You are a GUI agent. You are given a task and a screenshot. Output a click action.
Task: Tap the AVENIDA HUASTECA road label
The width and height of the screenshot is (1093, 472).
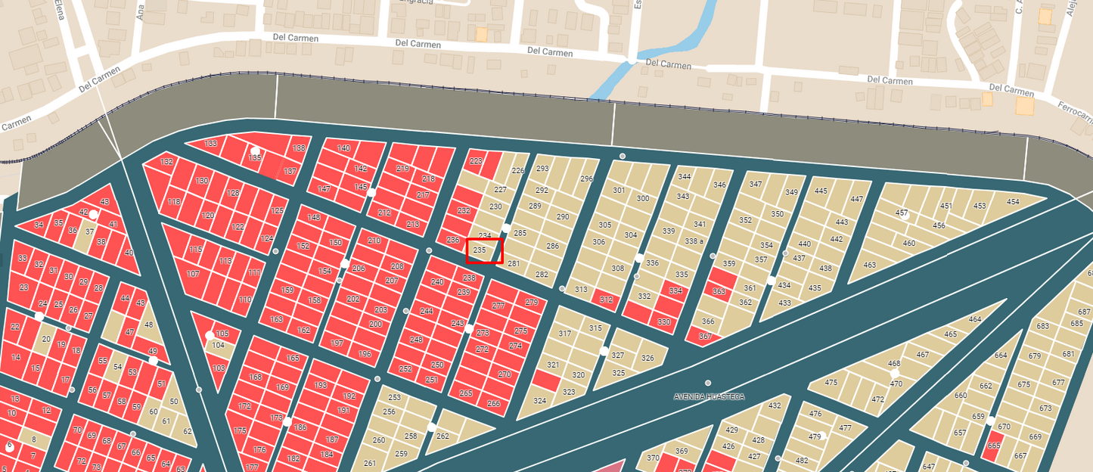coord(709,396)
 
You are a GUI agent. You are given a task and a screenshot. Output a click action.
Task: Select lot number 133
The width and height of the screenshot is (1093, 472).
coord(211,144)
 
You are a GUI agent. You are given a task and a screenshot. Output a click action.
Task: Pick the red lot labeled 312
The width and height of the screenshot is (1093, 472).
coord(606,300)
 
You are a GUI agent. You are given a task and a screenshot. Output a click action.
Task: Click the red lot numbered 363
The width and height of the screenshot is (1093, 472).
coord(719,291)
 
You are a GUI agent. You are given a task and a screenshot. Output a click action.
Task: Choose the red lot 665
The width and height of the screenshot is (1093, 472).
coord(994,446)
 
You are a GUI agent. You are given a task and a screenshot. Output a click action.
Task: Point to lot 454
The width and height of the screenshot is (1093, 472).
coord(1013,203)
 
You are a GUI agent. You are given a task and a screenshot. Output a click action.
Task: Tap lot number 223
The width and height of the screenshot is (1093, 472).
coord(476,161)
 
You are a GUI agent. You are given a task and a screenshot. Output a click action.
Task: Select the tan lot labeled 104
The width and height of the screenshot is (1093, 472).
coord(219,346)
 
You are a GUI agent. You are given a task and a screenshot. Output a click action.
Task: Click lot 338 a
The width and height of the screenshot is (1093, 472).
coord(694,241)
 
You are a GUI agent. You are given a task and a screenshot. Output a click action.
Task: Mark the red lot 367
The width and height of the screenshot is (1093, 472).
coord(705,337)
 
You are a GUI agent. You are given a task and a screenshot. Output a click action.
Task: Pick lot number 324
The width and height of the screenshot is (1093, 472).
coord(539,401)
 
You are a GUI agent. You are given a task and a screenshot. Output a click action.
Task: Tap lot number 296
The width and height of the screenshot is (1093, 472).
coord(586,179)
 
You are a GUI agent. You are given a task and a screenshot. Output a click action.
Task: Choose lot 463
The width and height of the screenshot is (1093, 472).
coord(870,265)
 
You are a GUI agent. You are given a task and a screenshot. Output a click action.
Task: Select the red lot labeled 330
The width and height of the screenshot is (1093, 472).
coord(664,322)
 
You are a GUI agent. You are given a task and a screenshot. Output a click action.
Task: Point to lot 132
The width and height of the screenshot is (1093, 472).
coord(166,162)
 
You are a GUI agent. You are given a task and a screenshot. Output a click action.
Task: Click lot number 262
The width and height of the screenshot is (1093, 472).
coord(443,436)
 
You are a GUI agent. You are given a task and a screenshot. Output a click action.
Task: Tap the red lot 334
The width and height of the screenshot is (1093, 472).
coord(675,290)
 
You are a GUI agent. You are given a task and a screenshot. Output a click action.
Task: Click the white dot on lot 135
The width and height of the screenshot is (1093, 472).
coord(256,151)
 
